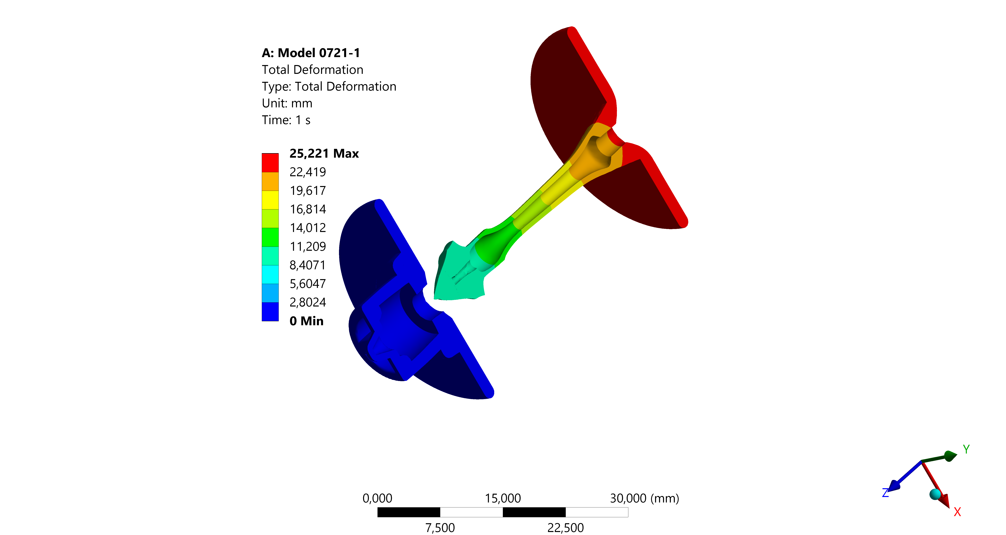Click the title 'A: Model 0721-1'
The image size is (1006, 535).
[311, 53]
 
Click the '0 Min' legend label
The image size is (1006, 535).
[307, 321]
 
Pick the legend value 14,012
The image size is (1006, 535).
[308, 228]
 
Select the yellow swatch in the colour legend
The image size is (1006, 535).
[270, 200]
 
